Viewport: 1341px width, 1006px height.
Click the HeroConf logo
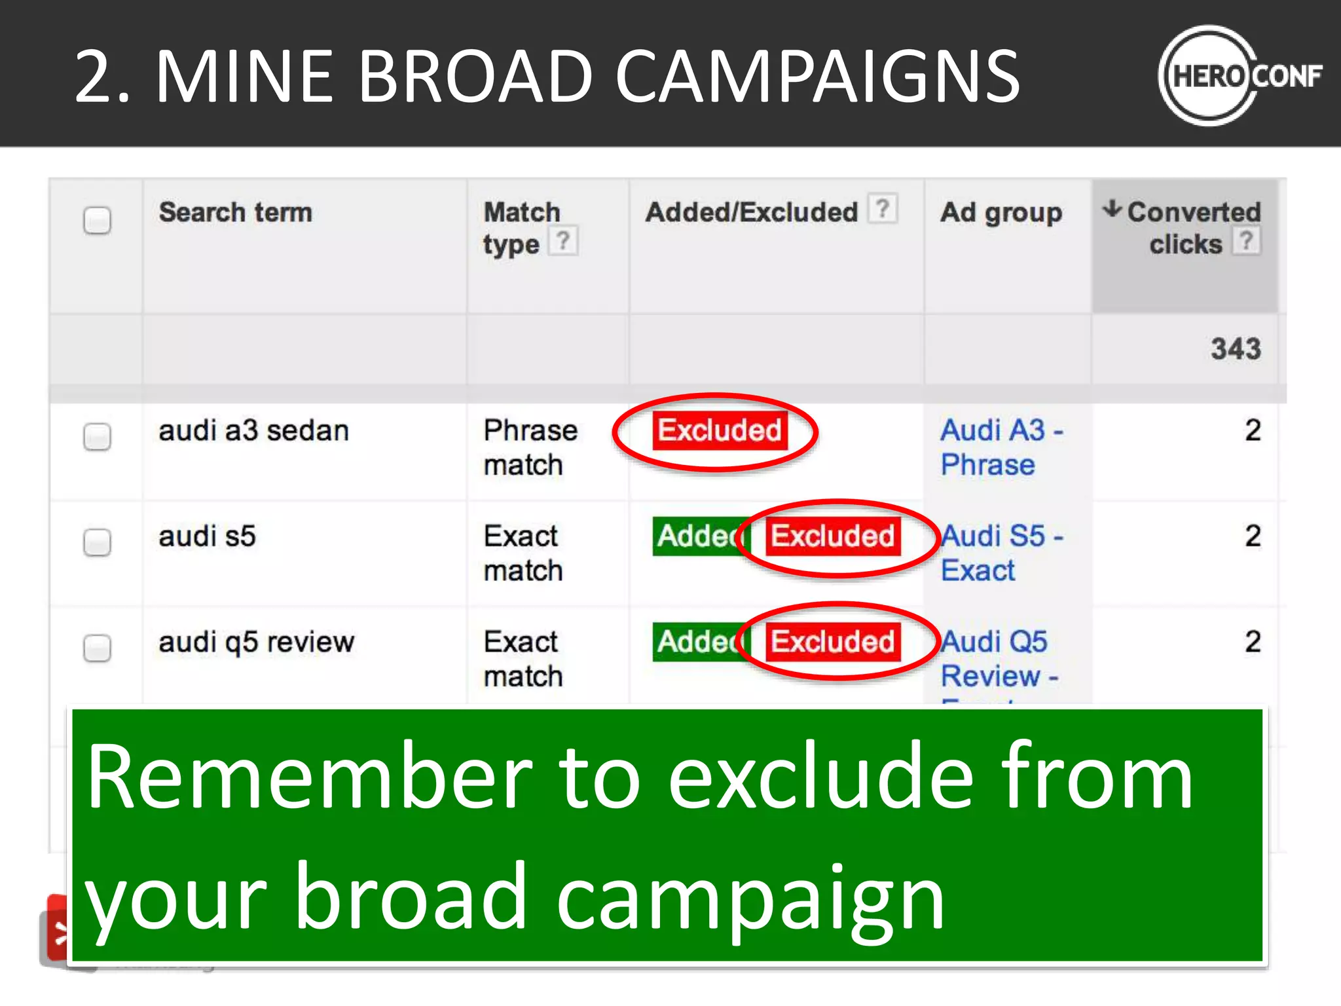point(1239,76)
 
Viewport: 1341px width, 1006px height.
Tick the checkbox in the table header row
point(97,220)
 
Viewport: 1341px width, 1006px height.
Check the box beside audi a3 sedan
point(97,436)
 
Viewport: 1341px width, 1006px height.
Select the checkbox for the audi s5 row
point(97,542)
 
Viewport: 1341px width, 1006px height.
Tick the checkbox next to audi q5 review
point(97,648)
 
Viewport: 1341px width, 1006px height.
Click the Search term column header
point(235,212)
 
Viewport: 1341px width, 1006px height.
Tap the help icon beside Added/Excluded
point(883,209)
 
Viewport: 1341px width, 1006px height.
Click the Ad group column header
point(1001,212)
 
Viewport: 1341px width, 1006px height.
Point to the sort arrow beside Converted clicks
point(1112,210)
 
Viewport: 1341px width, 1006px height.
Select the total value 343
point(1235,348)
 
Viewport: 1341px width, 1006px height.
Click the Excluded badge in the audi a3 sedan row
point(719,430)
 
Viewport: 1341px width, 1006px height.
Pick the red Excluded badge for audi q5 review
point(833,641)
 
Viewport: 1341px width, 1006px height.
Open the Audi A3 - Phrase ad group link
point(1001,447)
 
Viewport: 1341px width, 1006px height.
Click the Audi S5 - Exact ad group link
point(1001,553)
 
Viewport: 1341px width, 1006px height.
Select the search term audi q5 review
point(256,642)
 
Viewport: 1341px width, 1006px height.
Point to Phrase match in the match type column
point(530,447)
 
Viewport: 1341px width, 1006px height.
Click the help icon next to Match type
point(562,240)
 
